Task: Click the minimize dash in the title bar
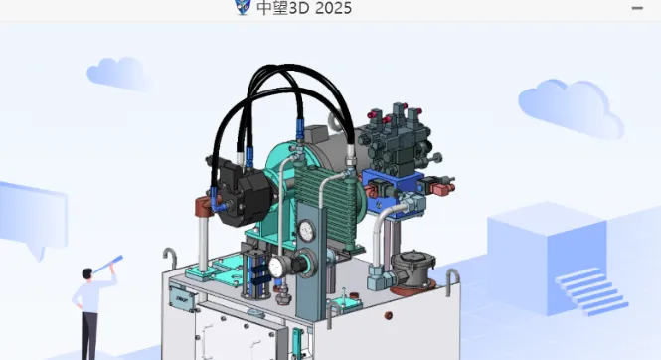pyautogui.click(x=637, y=8)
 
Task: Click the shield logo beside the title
pyautogui.click(x=242, y=6)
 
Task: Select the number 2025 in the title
pyautogui.click(x=333, y=8)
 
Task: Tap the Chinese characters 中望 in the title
pyautogui.click(x=272, y=8)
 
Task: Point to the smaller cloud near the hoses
pyautogui.click(x=118, y=74)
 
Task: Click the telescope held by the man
pyautogui.click(x=108, y=265)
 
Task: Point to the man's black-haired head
pyautogui.click(x=87, y=273)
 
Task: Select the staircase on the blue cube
pyautogui.click(x=591, y=290)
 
